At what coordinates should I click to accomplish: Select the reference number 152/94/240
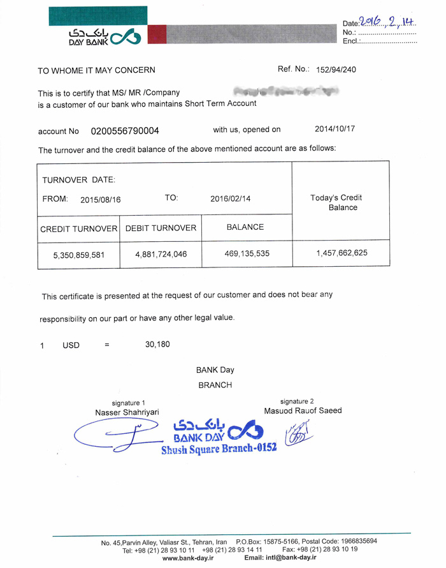(335, 70)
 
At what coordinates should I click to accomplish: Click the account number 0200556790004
(125, 131)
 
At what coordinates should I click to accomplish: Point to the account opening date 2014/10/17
(335, 128)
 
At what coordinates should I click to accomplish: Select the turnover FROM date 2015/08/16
(101, 199)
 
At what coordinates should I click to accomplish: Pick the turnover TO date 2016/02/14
(231, 198)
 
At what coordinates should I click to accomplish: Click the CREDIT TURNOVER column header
(79, 228)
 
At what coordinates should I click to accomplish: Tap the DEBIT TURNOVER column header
(161, 228)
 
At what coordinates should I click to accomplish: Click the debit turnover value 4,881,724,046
(161, 254)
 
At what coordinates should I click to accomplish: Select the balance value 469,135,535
(247, 253)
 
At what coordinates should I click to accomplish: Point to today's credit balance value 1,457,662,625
(342, 253)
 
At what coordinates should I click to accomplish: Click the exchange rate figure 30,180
(157, 345)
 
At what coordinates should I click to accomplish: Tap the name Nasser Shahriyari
(127, 412)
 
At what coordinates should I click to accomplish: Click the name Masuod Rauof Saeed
(303, 410)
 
